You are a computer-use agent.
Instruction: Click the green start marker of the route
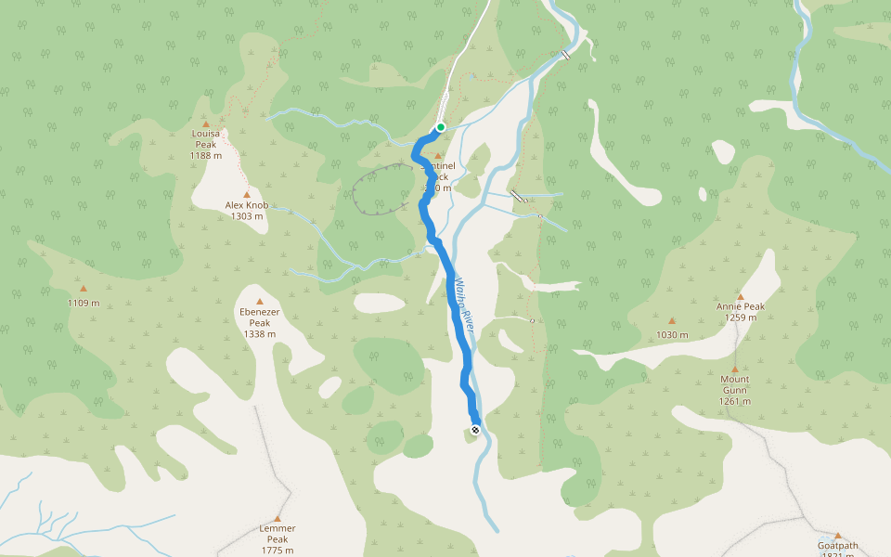(441, 127)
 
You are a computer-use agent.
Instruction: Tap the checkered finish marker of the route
(475, 429)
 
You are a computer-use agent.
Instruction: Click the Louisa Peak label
(205, 138)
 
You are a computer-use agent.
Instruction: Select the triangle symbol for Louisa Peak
(206, 123)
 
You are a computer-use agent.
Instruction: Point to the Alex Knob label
(246, 204)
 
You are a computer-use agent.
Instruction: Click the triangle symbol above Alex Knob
(246, 194)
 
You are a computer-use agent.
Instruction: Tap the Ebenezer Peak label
(260, 317)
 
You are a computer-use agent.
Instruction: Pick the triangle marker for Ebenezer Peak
(260, 302)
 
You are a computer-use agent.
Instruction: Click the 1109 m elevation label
(84, 303)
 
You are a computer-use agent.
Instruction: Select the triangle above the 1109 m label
(84, 289)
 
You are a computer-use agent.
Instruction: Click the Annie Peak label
(740, 306)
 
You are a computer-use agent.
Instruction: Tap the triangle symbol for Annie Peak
(740, 296)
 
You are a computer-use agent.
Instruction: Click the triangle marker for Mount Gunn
(735, 369)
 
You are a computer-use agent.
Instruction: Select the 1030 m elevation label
(672, 334)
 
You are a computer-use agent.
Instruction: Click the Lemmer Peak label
(278, 533)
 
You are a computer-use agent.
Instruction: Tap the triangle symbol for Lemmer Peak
(278, 518)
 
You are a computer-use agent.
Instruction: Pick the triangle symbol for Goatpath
(837, 536)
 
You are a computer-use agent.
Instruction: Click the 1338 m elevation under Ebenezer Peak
(260, 334)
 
